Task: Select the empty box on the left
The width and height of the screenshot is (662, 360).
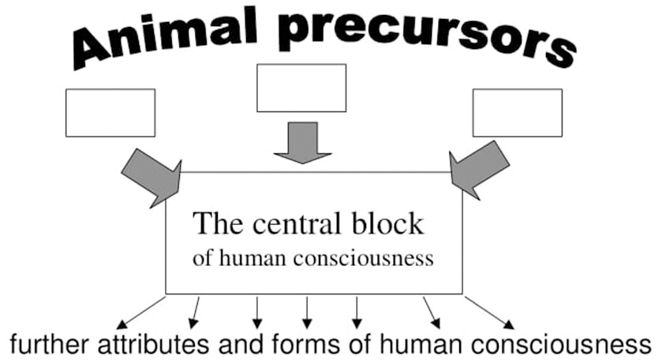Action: [110, 113]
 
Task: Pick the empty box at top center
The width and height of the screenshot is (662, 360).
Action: [301, 88]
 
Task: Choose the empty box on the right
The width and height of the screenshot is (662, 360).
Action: [517, 113]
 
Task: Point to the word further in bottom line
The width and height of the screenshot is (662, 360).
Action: [44, 345]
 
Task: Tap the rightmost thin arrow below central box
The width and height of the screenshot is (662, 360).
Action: [489, 312]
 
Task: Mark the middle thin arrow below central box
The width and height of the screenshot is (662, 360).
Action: [307, 311]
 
